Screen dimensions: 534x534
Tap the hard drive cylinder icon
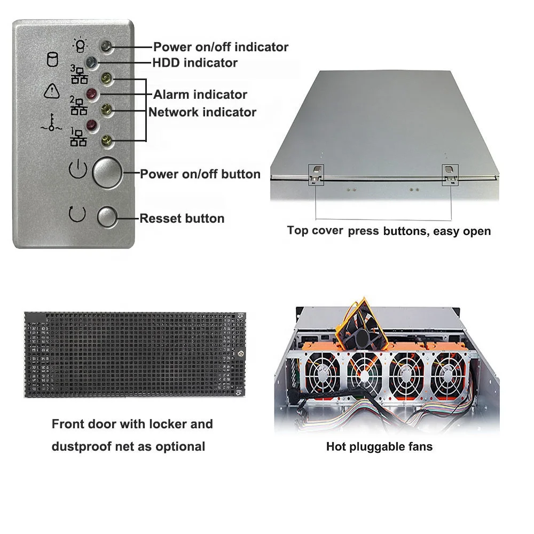point(52,59)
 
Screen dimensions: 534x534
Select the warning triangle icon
point(52,91)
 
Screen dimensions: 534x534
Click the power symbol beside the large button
point(78,171)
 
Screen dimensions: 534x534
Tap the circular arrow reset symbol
point(77,214)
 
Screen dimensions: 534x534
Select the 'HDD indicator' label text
point(195,63)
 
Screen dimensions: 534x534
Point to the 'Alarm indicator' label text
point(200,95)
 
